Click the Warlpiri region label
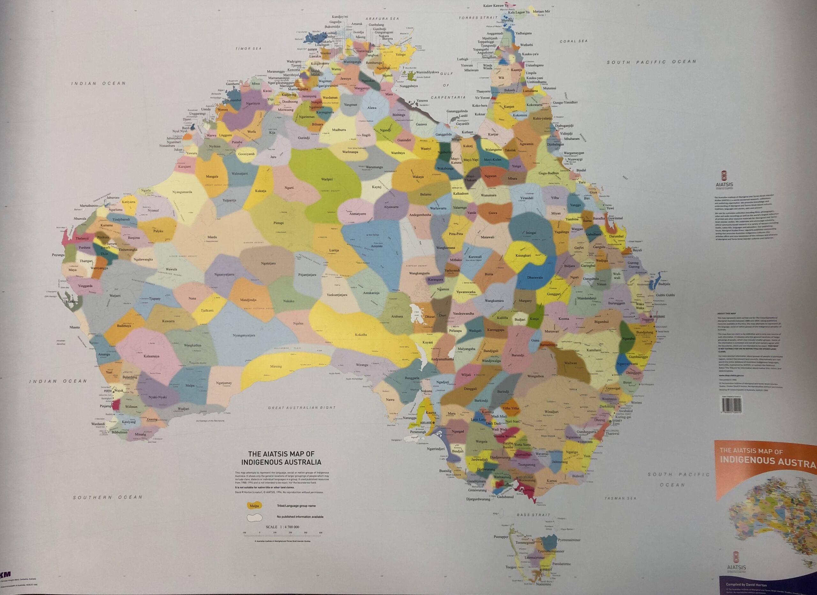pos(326,179)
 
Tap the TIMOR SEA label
pos(248,48)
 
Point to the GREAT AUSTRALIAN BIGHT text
pos(302,408)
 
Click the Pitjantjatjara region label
pos(307,275)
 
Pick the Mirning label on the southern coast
pos(276,367)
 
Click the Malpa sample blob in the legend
pos(254,506)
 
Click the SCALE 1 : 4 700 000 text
pos(282,527)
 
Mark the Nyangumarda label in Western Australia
pos(182,192)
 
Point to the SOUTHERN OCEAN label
pos(108,497)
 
